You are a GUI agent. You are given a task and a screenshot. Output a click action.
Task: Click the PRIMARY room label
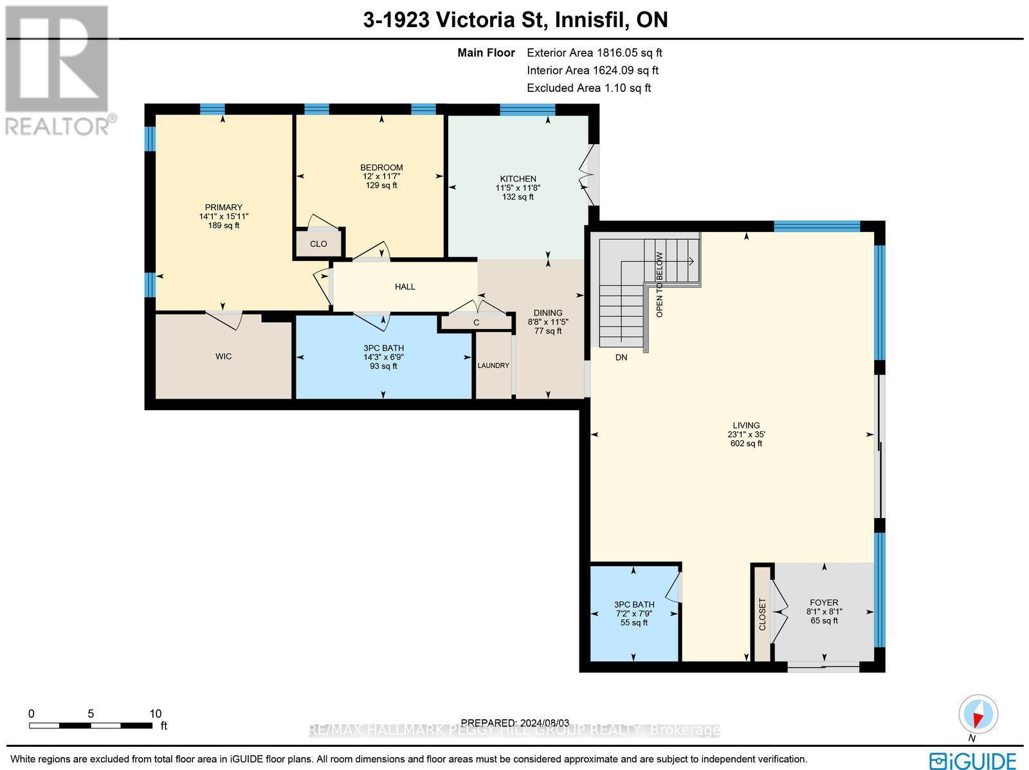pyautogui.click(x=223, y=207)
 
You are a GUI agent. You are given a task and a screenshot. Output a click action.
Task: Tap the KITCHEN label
pyautogui.click(x=518, y=179)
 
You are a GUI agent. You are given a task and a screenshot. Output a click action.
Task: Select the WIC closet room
pyautogui.click(x=223, y=356)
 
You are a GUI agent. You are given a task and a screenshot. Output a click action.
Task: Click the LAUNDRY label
pyautogui.click(x=493, y=366)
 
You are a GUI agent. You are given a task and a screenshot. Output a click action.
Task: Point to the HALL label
pyautogui.click(x=405, y=287)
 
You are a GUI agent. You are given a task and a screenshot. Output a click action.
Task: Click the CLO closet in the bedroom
pyautogui.click(x=318, y=244)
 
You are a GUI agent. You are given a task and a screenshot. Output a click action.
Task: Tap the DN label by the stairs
pyautogui.click(x=621, y=357)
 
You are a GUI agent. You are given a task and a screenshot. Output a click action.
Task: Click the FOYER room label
pyautogui.click(x=824, y=602)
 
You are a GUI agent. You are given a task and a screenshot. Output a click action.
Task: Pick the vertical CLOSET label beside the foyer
pyautogui.click(x=762, y=614)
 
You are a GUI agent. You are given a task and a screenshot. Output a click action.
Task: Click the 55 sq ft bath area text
pyautogui.click(x=634, y=622)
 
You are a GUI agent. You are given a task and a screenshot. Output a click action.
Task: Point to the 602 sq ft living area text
pyautogui.click(x=746, y=443)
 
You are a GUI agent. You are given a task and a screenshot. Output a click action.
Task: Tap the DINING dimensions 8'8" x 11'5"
pyautogui.click(x=548, y=322)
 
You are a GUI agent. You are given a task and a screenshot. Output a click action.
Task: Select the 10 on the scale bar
pyautogui.click(x=155, y=713)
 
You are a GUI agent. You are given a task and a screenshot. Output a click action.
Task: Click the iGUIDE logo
pyautogui.click(x=973, y=760)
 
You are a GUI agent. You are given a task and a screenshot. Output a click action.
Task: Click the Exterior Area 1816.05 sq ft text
pyautogui.click(x=594, y=53)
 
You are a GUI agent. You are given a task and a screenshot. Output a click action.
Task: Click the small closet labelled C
pyautogui.click(x=477, y=323)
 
